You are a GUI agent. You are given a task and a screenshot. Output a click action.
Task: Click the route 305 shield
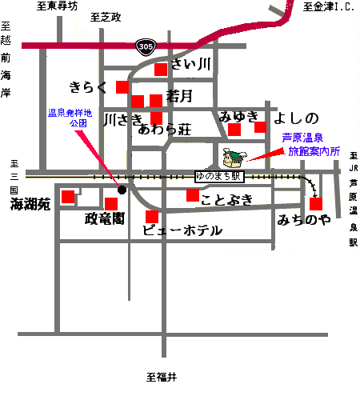tap(146, 47)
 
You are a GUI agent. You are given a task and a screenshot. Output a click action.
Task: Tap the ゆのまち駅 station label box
tap(219, 177)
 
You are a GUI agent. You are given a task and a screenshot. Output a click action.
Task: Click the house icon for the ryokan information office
tap(234, 158)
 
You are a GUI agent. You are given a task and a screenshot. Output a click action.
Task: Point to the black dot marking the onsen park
tap(122, 190)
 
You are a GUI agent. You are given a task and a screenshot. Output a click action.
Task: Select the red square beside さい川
tap(161, 70)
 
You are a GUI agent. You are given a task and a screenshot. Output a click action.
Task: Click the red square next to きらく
tap(122, 87)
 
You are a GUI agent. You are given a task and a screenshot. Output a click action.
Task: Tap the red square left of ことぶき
tap(193, 195)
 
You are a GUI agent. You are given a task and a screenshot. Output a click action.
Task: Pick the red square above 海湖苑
tap(68, 197)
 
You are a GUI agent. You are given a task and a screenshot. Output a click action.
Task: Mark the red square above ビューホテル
tap(152, 217)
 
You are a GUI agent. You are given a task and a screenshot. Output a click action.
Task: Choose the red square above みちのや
tap(316, 204)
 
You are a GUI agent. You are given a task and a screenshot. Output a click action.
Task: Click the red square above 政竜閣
tap(111, 204)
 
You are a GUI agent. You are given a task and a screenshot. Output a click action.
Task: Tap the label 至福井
tap(162, 377)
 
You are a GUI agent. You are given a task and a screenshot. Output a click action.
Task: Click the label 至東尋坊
tap(57, 6)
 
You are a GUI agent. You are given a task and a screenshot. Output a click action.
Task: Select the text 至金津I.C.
tap(329, 6)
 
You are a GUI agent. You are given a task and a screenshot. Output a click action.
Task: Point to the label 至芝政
tap(106, 18)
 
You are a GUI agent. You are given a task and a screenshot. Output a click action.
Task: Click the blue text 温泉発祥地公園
tap(70, 118)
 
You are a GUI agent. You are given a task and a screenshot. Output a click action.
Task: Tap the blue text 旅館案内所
tap(314, 151)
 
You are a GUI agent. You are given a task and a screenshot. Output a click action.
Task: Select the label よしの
tap(296, 118)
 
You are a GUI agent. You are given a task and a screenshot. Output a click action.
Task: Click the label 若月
tap(179, 96)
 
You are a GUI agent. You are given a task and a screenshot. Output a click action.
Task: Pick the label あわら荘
tap(165, 130)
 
